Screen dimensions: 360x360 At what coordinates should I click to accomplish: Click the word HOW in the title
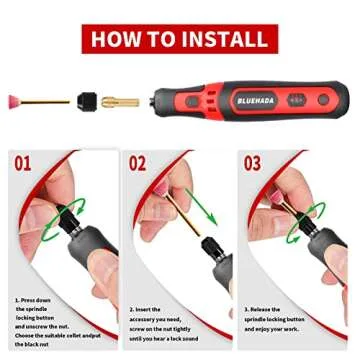pos(116,39)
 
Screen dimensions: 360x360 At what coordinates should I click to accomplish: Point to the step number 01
pos(23,162)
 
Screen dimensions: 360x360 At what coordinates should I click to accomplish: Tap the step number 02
pos(138,162)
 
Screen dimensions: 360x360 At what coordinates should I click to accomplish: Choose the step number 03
pos(252,162)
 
